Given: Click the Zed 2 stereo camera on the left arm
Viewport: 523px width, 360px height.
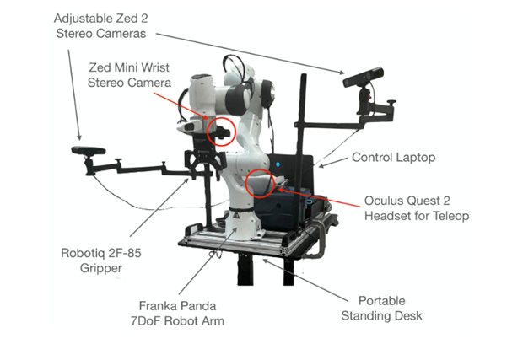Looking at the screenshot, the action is [x=88, y=151].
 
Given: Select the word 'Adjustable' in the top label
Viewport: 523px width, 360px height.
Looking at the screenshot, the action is [x=78, y=18].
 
